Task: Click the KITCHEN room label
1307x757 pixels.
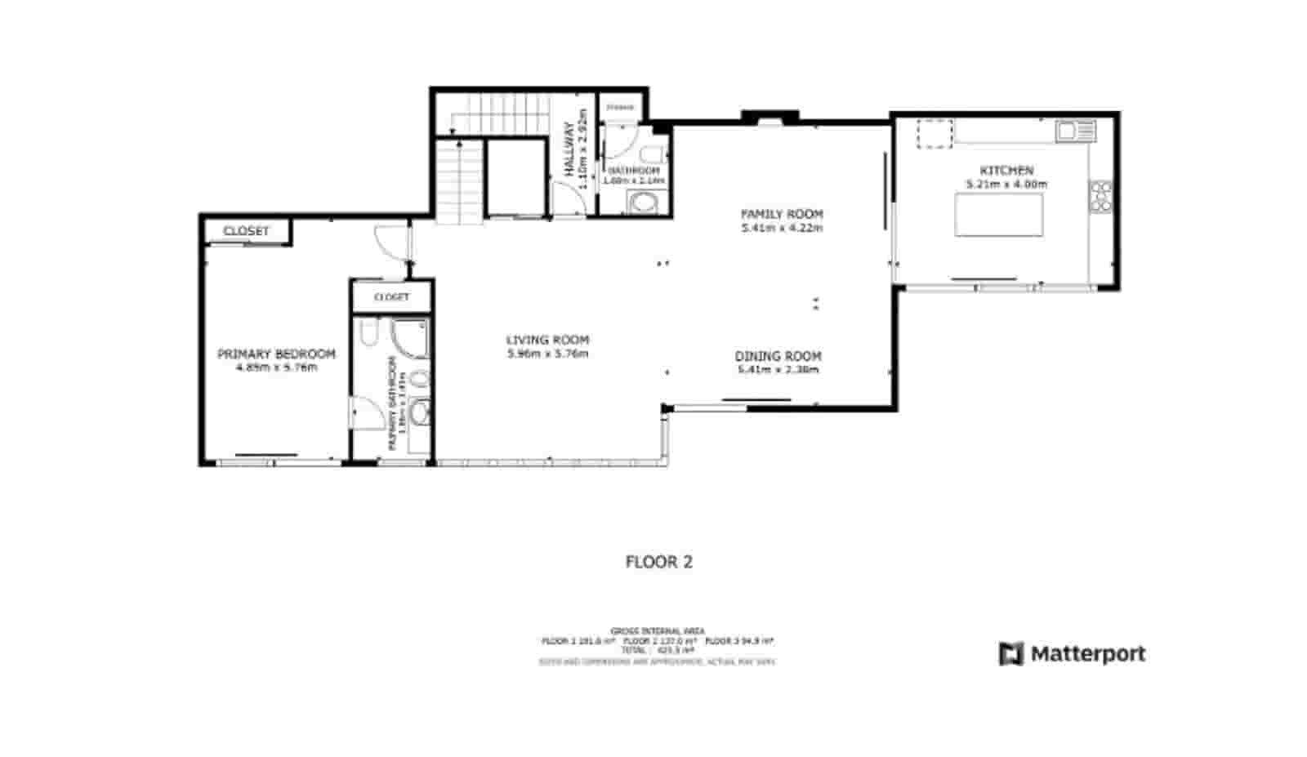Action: tap(1006, 171)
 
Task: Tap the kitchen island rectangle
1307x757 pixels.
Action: tap(998, 215)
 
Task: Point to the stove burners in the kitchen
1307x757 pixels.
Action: tap(1100, 196)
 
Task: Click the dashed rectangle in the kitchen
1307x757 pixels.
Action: tap(935, 134)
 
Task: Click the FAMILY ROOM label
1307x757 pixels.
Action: tap(781, 214)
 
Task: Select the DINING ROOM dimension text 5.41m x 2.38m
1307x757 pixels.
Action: tap(778, 370)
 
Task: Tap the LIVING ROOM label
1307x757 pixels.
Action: tap(547, 340)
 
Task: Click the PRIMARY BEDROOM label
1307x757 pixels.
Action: tap(276, 354)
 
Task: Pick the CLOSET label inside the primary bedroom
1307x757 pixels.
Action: tap(246, 231)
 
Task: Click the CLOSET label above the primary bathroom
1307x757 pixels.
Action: tap(391, 297)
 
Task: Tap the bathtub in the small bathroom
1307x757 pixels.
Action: tap(645, 203)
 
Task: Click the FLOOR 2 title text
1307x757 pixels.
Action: tap(658, 562)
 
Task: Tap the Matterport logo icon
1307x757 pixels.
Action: tap(1010, 654)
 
